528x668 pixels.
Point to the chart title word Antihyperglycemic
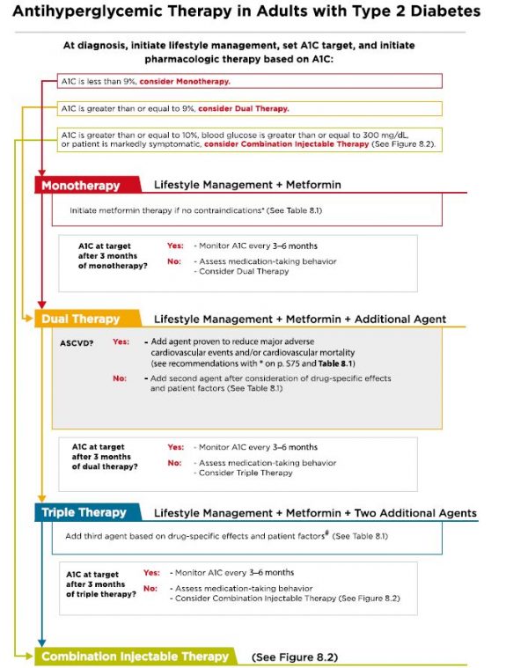tap(89, 12)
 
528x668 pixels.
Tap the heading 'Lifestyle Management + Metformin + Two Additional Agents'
tap(315, 512)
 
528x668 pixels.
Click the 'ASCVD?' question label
tap(77, 341)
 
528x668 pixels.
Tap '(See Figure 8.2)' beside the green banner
tap(294, 657)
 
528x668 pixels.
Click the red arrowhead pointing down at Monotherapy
tap(40, 174)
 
